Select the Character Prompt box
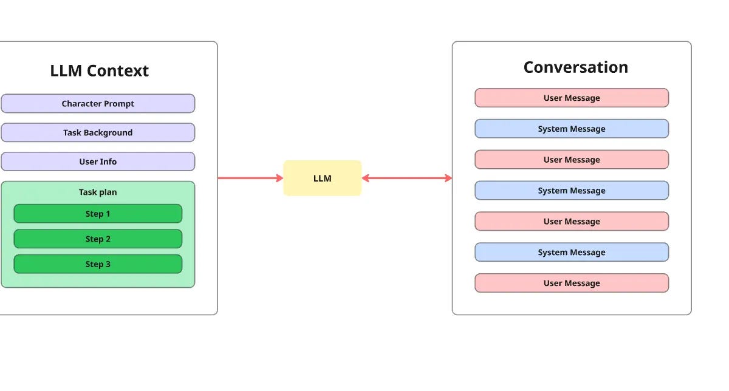click(98, 104)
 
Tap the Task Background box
click(98, 133)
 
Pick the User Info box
click(98, 162)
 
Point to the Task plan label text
click(98, 192)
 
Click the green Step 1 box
click(98, 214)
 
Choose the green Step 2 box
click(98, 239)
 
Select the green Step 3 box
click(98, 264)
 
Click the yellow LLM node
click(322, 178)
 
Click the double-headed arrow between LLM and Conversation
click(407, 178)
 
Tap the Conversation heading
click(575, 67)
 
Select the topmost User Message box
click(571, 98)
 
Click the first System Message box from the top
click(571, 129)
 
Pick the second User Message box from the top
click(571, 160)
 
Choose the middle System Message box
click(571, 191)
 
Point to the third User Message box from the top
click(571, 222)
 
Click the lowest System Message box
click(571, 253)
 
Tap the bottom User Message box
click(571, 284)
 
